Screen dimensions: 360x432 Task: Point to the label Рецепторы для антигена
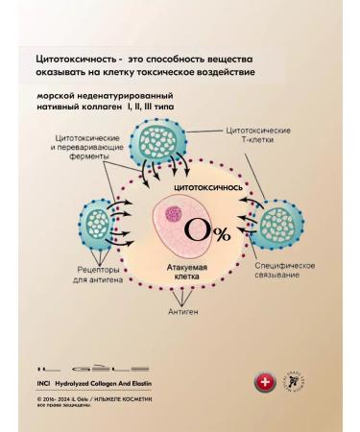click(x=91, y=276)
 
